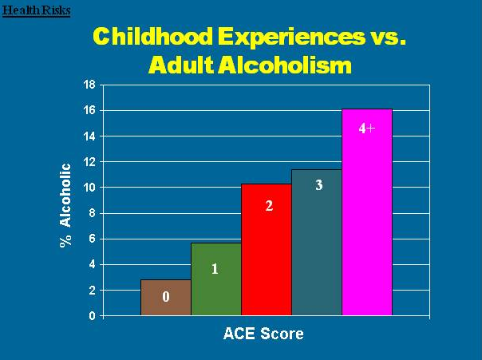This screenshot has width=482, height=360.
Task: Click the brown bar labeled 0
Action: pyautogui.click(x=166, y=297)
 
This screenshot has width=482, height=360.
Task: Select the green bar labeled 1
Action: pyautogui.click(x=215, y=279)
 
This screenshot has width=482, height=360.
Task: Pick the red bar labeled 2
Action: pyautogui.click(x=266, y=250)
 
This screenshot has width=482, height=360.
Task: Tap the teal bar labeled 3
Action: pyautogui.click(x=316, y=243)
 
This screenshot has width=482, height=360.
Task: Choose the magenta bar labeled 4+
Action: pyautogui.click(x=366, y=212)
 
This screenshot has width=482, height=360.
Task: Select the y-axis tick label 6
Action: pyautogui.click(x=92, y=239)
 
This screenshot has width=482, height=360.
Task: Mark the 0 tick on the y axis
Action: pyautogui.click(x=92, y=316)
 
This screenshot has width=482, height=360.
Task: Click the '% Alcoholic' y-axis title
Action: pyautogui.click(x=66, y=205)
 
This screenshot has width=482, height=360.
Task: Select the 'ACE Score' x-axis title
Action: pyautogui.click(x=263, y=334)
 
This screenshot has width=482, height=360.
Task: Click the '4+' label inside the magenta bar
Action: pyautogui.click(x=366, y=128)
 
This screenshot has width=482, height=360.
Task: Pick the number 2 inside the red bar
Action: pyautogui.click(x=270, y=206)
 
